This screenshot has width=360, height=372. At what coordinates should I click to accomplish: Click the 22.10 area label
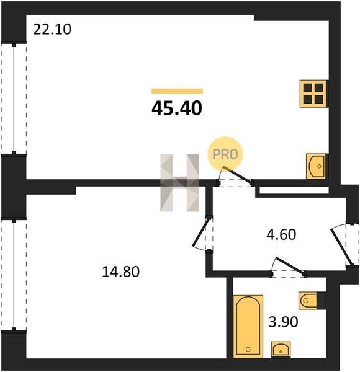52,29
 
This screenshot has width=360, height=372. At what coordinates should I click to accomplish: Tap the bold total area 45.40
177,108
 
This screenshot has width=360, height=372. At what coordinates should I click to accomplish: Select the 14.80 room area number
120,272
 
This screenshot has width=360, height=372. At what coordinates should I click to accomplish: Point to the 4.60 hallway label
281,234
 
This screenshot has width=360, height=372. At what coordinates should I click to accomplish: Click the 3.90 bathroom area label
283,322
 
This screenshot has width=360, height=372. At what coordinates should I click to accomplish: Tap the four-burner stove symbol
313,94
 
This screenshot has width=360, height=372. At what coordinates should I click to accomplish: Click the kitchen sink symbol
317,166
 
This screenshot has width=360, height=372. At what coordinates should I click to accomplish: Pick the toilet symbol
308,301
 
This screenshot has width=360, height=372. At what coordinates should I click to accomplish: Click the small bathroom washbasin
281,350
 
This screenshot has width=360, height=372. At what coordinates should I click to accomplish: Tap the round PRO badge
225,154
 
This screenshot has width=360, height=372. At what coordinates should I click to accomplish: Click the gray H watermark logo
180,183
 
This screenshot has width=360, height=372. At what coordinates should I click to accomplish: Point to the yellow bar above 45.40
177,91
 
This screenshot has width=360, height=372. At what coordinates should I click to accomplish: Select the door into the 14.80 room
202,234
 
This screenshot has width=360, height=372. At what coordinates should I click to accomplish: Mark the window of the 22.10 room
14,99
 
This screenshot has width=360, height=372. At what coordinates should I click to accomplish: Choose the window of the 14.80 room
14,275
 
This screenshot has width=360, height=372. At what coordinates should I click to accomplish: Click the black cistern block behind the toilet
322,301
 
